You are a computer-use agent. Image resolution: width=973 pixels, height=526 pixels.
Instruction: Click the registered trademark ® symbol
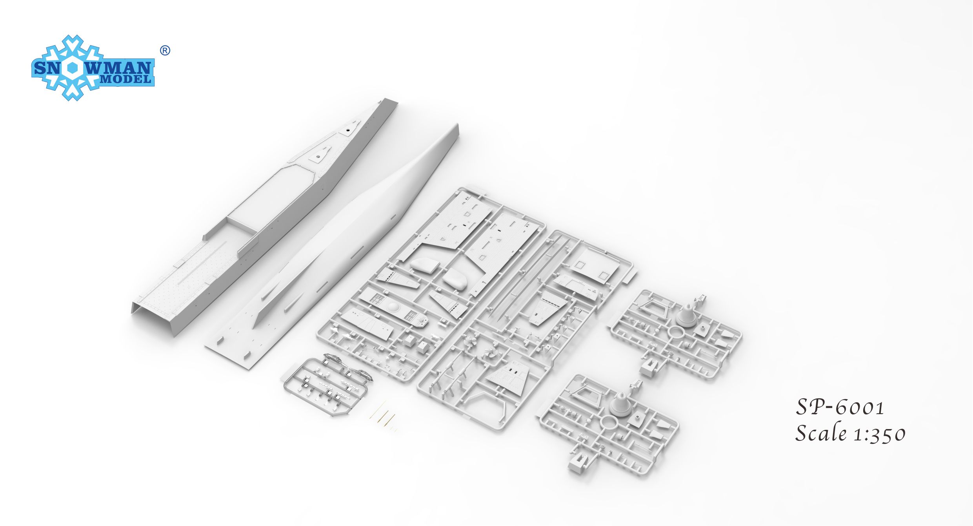166,51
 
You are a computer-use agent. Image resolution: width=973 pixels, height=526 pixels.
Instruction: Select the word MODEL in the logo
125,79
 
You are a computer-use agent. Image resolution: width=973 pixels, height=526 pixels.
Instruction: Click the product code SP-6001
840,407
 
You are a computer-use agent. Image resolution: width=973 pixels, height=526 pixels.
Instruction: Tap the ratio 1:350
878,435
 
